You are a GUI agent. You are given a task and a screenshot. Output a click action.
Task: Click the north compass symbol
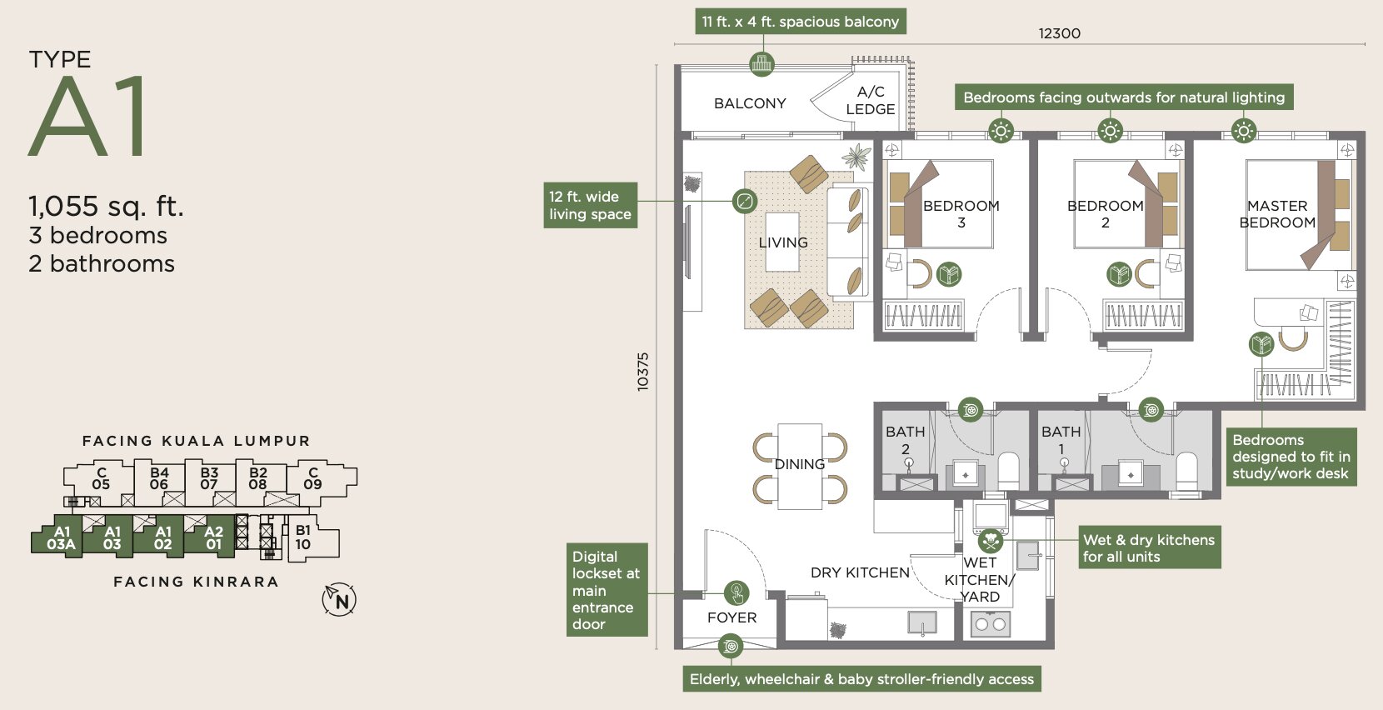click(x=339, y=599)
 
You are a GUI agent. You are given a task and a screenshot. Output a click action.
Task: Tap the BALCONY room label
click(x=750, y=103)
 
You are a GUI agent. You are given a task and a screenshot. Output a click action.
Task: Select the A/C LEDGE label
click(x=871, y=100)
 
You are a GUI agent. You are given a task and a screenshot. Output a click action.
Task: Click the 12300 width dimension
click(x=1060, y=33)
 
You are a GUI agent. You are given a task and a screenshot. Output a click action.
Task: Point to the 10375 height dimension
click(x=642, y=371)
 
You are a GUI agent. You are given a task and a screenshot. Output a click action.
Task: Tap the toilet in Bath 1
click(x=1186, y=472)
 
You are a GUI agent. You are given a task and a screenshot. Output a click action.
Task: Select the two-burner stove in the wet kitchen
click(x=991, y=624)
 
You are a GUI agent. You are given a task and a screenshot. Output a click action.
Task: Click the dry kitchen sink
click(x=922, y=622)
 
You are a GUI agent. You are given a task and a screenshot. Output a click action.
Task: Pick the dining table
click(x=800, y=466)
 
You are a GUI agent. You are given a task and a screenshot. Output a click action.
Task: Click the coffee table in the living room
click(x=782, y=242)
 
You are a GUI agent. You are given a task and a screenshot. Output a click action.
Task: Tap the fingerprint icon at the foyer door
click(x=736, y=593)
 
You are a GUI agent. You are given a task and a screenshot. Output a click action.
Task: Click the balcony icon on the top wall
click(x=761, y=63)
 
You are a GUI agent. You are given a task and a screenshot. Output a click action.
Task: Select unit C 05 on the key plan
click(x=101, y=479)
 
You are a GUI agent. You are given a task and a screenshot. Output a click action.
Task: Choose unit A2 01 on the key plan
click(x=213, y=537)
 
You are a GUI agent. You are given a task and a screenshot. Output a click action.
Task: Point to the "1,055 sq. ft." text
click(x=106, y=206)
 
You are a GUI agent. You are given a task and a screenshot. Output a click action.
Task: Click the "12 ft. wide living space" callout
click(x=590, y=205)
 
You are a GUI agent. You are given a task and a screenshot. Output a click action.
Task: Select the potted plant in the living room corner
click(x=856, y=157)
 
